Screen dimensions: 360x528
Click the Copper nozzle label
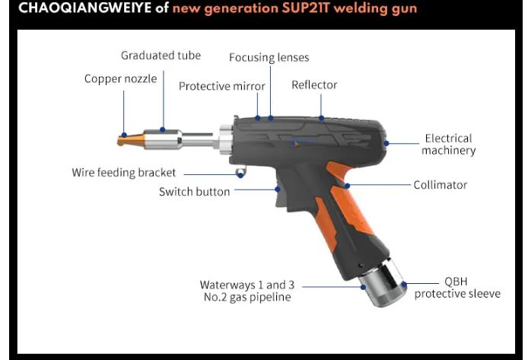click(120, 78)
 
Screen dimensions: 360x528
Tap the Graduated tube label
click(161, 56)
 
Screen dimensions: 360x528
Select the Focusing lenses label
click(269, 58)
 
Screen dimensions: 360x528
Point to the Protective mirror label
click(222, 86)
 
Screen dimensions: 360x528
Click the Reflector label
click(314, 84)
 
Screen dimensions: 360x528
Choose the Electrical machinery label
click(448, 144)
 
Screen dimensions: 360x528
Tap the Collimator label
click(440, 185)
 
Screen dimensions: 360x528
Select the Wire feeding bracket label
click(124, 173)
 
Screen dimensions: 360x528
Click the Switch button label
click(194, 192)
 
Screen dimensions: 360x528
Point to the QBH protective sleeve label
click(457, 288)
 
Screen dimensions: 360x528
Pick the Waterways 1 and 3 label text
click(247, 285)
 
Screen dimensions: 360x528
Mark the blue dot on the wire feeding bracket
click(240, 174)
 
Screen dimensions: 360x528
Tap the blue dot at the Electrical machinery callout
click(386, 142)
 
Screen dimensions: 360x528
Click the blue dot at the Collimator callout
click(346, 185)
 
